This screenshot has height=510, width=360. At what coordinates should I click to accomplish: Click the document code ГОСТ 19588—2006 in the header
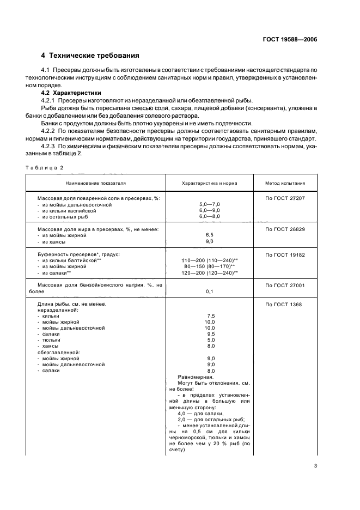coord(290,40)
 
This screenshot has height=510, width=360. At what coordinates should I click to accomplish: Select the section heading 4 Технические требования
coord(90,56)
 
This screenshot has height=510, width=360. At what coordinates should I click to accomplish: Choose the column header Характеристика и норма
coord(210,184)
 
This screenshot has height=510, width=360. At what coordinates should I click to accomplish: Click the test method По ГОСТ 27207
coord(285,198)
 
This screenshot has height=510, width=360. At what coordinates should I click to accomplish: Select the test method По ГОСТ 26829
coord(285,229)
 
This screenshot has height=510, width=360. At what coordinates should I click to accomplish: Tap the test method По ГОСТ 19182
coord(285,254)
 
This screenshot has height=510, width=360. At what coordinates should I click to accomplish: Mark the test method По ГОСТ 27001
coord(285,285)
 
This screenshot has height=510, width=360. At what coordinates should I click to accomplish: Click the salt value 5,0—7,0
coord(210,204)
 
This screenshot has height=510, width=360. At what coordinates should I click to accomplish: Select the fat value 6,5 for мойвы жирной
coord(210,235)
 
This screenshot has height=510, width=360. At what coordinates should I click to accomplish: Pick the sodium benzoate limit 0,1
coord(210,292)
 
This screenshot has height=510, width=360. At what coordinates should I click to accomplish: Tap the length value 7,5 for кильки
coord(210,316)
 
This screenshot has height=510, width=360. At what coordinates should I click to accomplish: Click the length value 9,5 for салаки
coord(210,334)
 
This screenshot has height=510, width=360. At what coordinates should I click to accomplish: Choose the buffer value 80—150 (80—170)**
coord(210,266)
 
